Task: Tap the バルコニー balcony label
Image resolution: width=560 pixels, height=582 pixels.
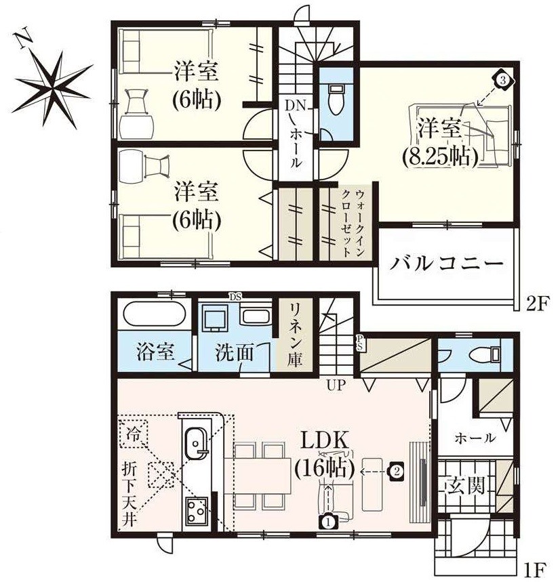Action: click(x=447, y=263)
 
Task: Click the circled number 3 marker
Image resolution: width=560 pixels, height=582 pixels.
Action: click(x=502, y=80)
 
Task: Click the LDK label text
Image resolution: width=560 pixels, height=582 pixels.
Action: click(x=326, y=442)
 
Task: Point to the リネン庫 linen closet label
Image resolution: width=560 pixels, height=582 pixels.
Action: click(x=296, y=332)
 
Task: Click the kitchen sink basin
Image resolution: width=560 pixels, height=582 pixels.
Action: click(x=195, y=443)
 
